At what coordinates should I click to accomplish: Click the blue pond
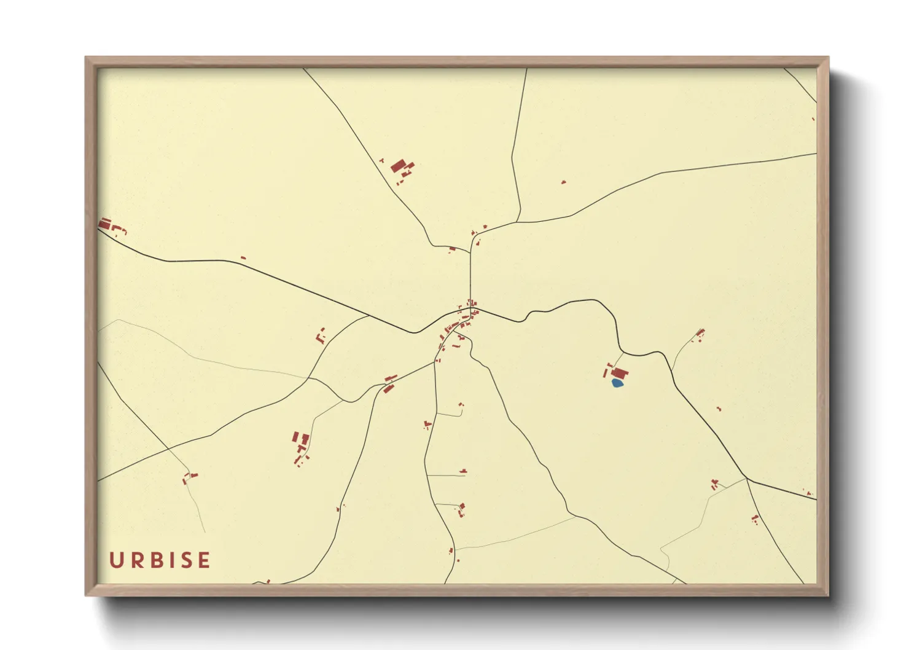pos(617,383)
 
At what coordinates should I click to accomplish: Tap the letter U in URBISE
pos(115,560)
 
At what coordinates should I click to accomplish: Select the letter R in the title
pos(136,560)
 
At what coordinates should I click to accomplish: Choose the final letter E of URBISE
pos(205,560)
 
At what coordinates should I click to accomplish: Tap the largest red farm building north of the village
pos(399,166)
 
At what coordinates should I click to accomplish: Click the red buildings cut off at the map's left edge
pos(105,224)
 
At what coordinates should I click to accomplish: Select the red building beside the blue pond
pos(620,373)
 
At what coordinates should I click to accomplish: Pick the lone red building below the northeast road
pos(563,182)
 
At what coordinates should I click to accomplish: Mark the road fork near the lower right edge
pos(746,478)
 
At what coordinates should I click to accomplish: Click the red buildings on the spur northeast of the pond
pos(700,335)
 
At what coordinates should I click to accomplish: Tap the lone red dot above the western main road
pos(243,257)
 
